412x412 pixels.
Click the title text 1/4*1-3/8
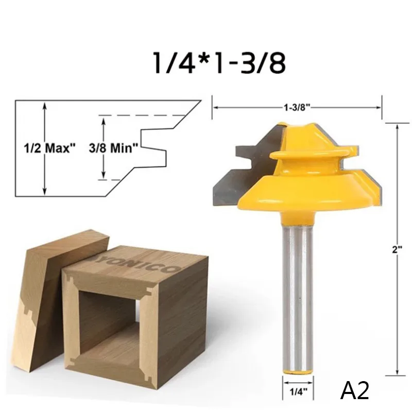coord(219,62)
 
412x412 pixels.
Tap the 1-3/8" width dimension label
coord(297,107)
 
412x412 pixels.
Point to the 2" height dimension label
coord(397,250)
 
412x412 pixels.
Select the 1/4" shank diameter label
coord(298,392)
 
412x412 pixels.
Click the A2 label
coord(355,391)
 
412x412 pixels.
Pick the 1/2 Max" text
coord(49,148)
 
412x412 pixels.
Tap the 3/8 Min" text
coord(113,148)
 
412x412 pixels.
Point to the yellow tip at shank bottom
coord(298,372)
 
